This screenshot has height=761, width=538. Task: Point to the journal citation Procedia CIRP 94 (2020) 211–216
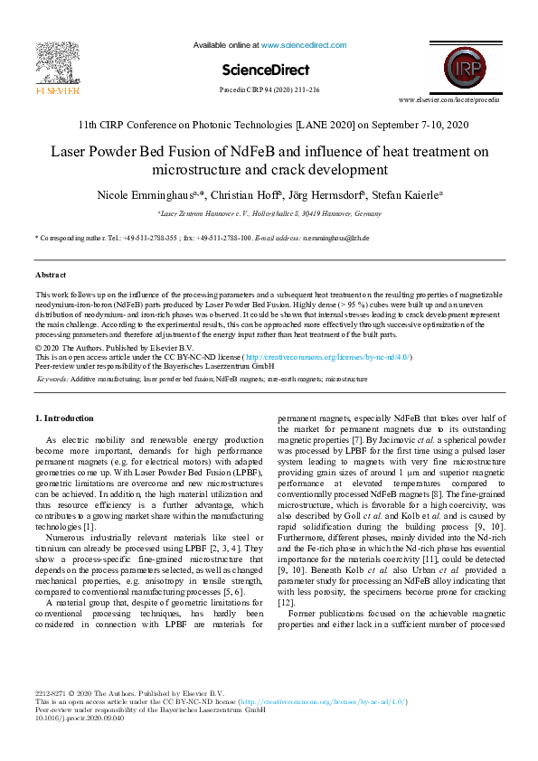tap(269, 90)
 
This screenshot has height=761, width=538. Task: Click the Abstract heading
tap(51, 274)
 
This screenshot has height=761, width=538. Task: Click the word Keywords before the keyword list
tap(52, 380)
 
